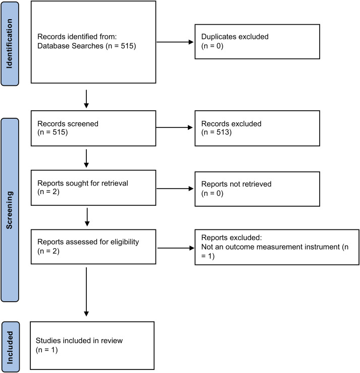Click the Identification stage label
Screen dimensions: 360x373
click(10, 44)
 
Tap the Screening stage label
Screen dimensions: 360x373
click(10, 210)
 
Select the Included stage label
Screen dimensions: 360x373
click(10, 347)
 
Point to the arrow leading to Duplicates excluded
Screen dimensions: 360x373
click(175, 42)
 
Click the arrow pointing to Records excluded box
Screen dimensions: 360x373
click(174, 127)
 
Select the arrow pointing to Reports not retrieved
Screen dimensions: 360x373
click(175, 189)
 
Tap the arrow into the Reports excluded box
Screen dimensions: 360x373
click(176, 248)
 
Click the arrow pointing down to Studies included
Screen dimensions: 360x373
click(86, 292)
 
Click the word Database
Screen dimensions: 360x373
click(54, 45)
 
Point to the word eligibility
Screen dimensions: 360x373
click(125, 242)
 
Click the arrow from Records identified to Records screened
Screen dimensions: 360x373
click(86, 99)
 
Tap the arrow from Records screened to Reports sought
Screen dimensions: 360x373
click(86, 158)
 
